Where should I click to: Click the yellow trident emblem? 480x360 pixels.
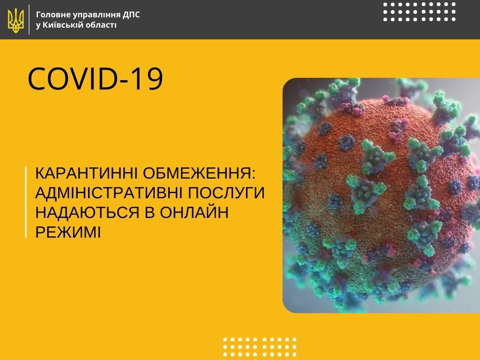click(15, 20)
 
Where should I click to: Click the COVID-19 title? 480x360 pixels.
click(95, 79)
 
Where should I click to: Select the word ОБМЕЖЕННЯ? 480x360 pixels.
click(199, 173)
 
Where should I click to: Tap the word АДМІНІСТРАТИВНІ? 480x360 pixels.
click(109, 193)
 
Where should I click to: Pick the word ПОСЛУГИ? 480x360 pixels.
click(226, 193)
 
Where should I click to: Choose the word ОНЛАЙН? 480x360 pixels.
click(194, 212)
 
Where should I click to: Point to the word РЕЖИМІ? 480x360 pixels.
click(68, 232)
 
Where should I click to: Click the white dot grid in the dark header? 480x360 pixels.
click(420, 12)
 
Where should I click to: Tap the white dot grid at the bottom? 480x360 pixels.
click(260, 347)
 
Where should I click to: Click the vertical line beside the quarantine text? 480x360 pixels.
click(26, 202)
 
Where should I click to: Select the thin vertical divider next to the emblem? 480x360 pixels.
click(30, 20)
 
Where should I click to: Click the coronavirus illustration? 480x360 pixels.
click(381, 195)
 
